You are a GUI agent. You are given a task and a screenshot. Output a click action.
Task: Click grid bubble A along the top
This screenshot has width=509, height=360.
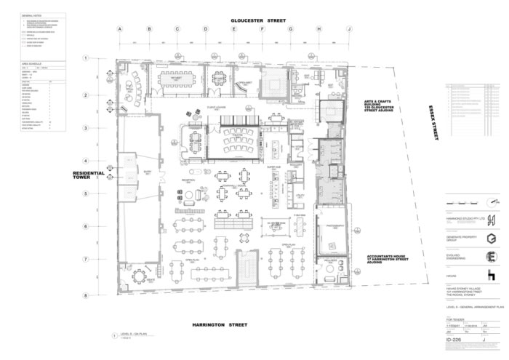[x=121, y=29]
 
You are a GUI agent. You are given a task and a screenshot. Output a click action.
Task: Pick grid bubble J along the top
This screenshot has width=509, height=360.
[x=349, y=29]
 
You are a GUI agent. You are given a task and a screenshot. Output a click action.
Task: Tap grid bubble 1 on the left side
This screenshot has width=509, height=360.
[x=85, y=58]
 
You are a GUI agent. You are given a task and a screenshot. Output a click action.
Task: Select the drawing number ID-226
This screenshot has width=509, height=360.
[x=455, y=339]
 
